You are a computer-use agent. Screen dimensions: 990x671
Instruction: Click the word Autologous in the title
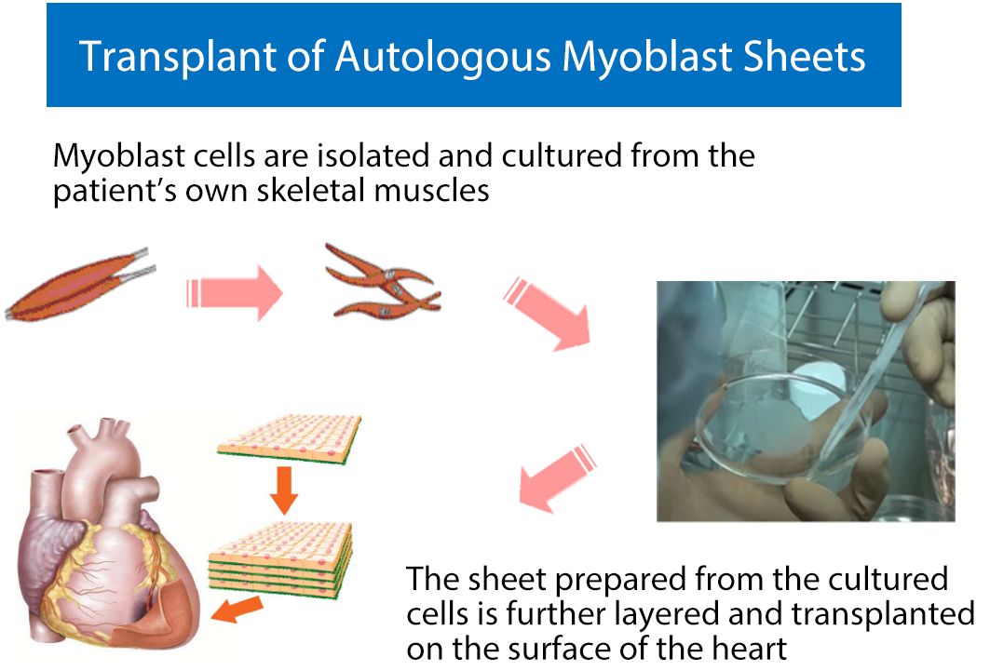(x=443, y=58)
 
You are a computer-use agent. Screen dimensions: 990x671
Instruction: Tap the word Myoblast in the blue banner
(x=646, y=57)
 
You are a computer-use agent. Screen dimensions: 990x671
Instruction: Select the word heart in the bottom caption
(x=752, y=649)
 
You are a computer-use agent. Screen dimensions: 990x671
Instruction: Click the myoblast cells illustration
(x=383, y=281)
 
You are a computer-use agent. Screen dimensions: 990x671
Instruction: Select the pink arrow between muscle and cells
(x=235, y=293)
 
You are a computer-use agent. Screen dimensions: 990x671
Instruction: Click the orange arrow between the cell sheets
(x=284, y=490)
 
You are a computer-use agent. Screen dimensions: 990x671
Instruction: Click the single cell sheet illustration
(x=289, y=439)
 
